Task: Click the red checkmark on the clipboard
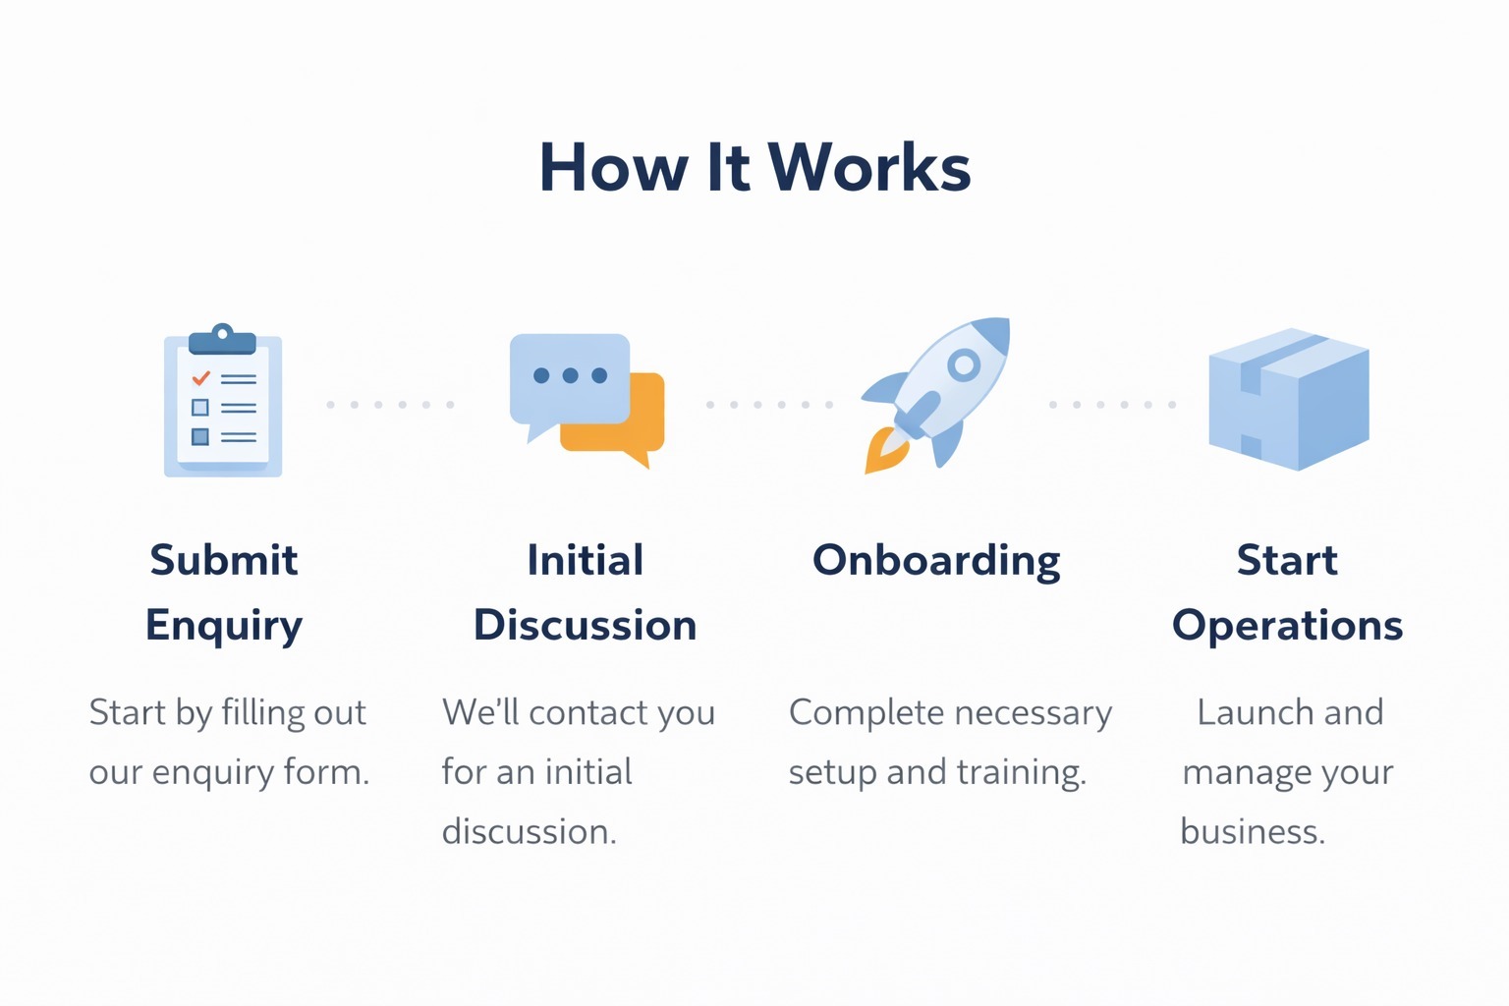200,377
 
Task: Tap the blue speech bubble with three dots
570,378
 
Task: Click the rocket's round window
963,365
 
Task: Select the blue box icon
1288,399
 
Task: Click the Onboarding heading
936,561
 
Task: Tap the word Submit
224,560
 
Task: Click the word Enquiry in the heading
224,626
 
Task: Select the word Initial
585,560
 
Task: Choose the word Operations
1287,626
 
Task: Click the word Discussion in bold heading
585,626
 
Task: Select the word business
1252,832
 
